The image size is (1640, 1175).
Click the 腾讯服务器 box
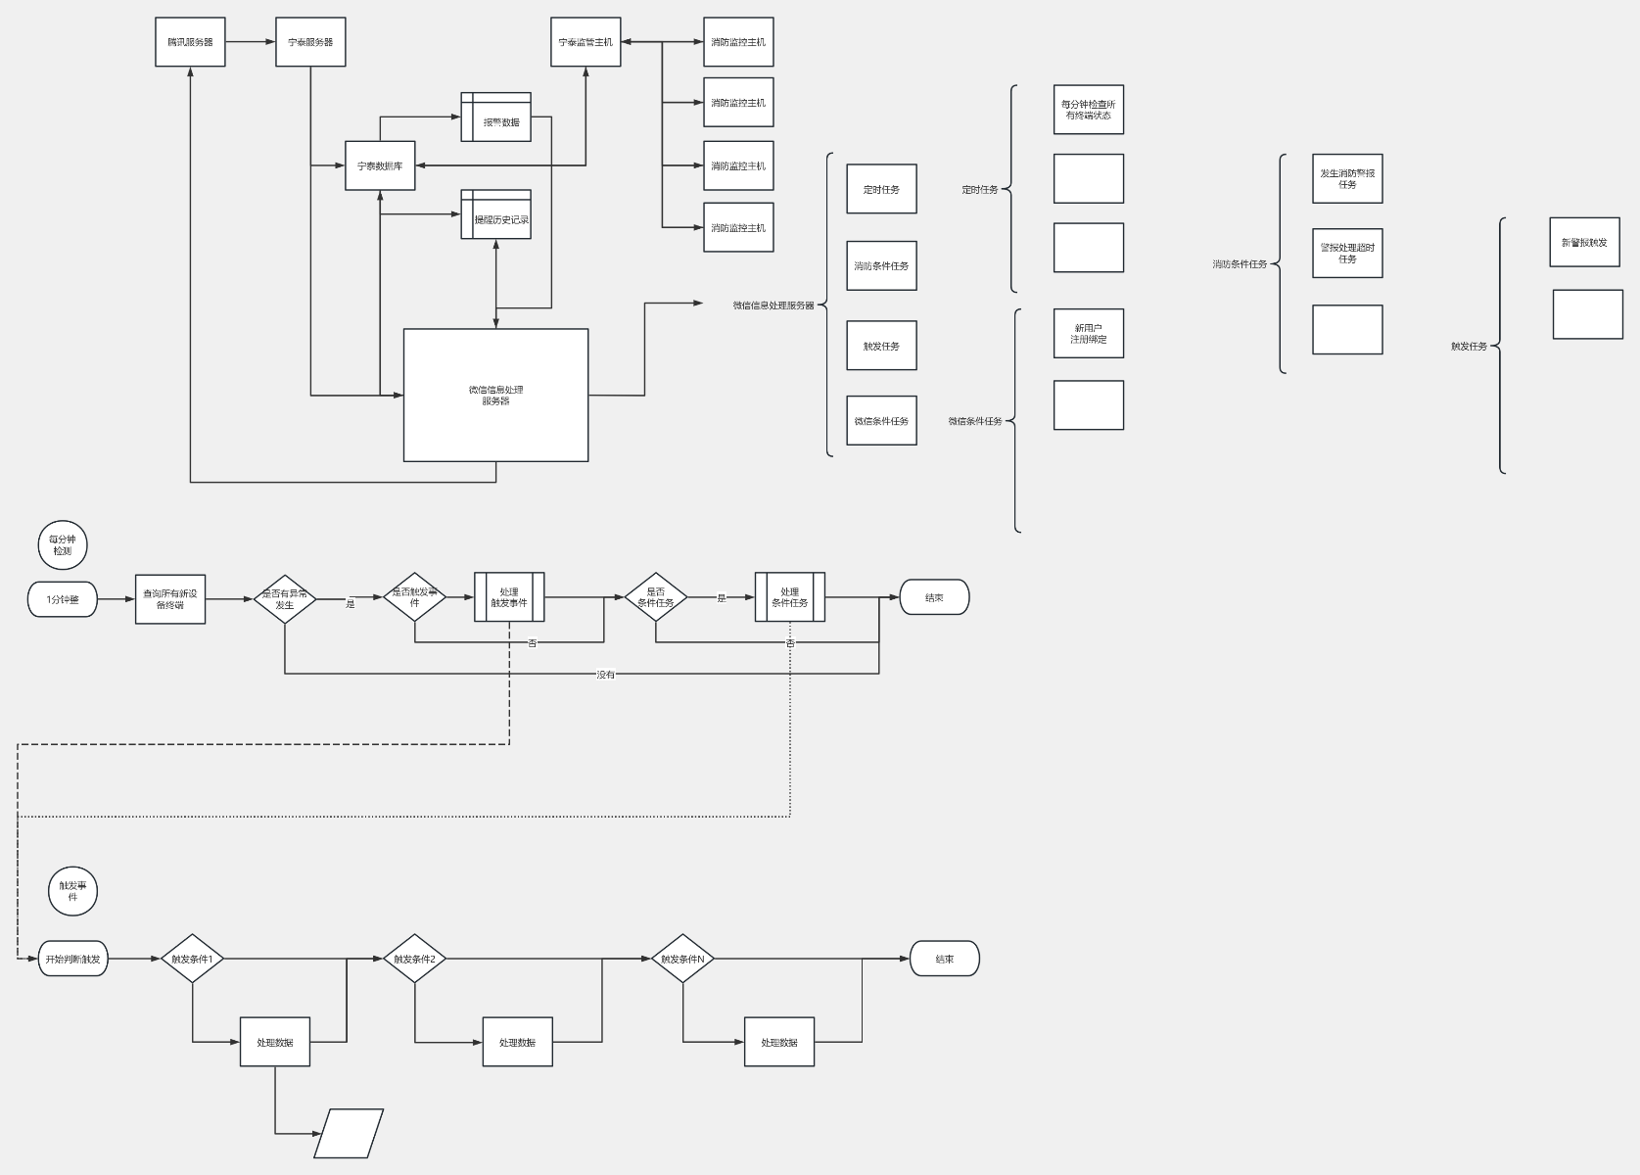[190, 42]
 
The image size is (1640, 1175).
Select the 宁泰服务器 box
[310, 42]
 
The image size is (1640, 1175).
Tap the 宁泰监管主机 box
[586, 42]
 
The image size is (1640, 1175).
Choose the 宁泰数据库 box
[380, 165]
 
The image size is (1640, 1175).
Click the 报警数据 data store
[496, 117]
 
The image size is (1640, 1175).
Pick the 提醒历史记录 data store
[496, 214]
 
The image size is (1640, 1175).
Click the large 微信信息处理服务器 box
[495, 395]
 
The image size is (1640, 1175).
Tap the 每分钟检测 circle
[63, 545]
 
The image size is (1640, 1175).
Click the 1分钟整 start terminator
[63, 598]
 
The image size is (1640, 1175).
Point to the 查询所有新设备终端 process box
[170, 598]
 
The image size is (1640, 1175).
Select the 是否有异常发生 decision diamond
[285, 598]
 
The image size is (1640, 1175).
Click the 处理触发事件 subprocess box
[509, 597]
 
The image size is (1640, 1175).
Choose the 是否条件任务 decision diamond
[656, 597]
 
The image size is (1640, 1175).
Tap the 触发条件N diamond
[682, 959]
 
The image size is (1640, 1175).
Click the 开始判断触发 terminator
[72, 959]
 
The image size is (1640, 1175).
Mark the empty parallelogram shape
[349, 1133]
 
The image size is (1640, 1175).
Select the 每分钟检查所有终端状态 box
[1088, 110]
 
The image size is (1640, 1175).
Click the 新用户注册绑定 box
[1088, 334]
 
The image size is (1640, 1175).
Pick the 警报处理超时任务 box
[1347, 253]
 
